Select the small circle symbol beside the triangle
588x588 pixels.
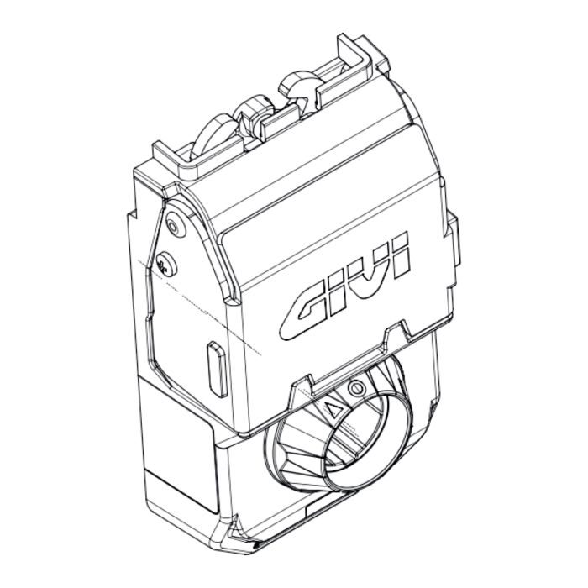click(x=356, y=390)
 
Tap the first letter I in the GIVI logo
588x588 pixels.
click(x=341, y=290)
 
